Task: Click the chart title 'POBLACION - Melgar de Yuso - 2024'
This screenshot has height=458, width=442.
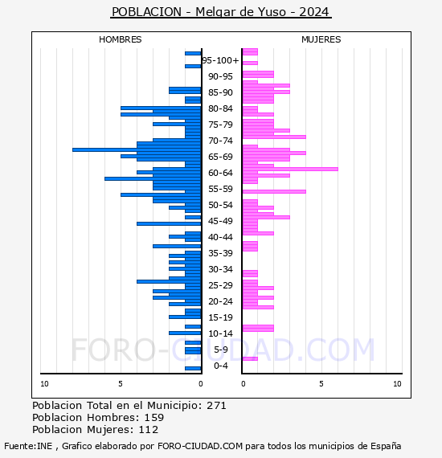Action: (x=220, y=12)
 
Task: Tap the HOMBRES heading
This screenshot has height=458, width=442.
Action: (x=120, y=39)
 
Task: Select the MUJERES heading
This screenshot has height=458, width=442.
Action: (x=321, y=39)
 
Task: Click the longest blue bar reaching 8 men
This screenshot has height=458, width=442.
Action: (x=137, y=149)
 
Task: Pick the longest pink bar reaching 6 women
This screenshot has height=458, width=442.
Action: (x=290, y=169)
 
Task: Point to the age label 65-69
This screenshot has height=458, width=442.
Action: (x=220, y=157)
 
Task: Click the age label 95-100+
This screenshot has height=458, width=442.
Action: (x=220, y=60)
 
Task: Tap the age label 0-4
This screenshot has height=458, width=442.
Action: (x=220, y=366)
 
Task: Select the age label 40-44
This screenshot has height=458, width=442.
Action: (x=220, y=237)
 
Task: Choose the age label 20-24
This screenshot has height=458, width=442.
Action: (x=220, y=301)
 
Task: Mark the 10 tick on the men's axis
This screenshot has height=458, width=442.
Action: (x=44, y=384)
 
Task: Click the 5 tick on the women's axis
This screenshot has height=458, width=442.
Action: (x=321, y=384)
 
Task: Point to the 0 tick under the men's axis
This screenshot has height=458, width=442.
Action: (x=200, y=384)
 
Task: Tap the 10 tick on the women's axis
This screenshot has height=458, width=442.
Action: (x=397, y=384)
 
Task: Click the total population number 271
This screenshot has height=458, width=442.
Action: (x=216, y=406)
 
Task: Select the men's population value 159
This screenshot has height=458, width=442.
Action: (x=154, y=417)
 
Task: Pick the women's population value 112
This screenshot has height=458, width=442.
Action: (x=149, y=429)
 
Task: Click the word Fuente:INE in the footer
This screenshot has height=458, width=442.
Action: (x=28, y=446)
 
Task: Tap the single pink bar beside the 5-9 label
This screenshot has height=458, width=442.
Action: (x=250, y=358)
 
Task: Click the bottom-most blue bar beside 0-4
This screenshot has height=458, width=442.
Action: (x=193, y=368)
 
